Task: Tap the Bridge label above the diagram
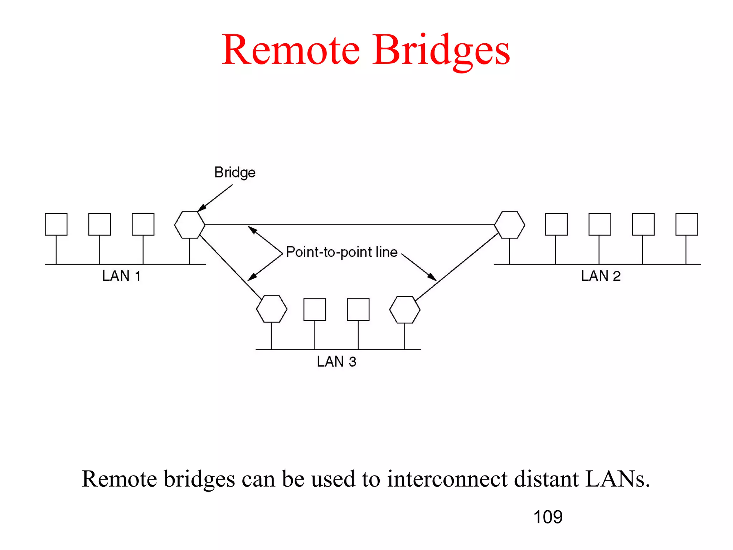point(235,173)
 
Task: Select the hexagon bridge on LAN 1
point(190,225)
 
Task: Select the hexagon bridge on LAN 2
point(510,225)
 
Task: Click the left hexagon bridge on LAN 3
point(272,309)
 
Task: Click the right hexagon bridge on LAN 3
point(404,310)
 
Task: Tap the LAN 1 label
point(121,276)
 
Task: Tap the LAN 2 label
point(601,276)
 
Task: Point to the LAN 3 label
point(336,362)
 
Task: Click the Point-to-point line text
point(341,252)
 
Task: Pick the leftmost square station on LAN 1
point(56,225)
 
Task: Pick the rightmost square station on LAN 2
point(686,225)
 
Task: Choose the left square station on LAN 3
point(315,309)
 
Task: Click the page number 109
point(548,517)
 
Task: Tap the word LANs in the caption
point(617,479)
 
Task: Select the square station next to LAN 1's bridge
point(143,225)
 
